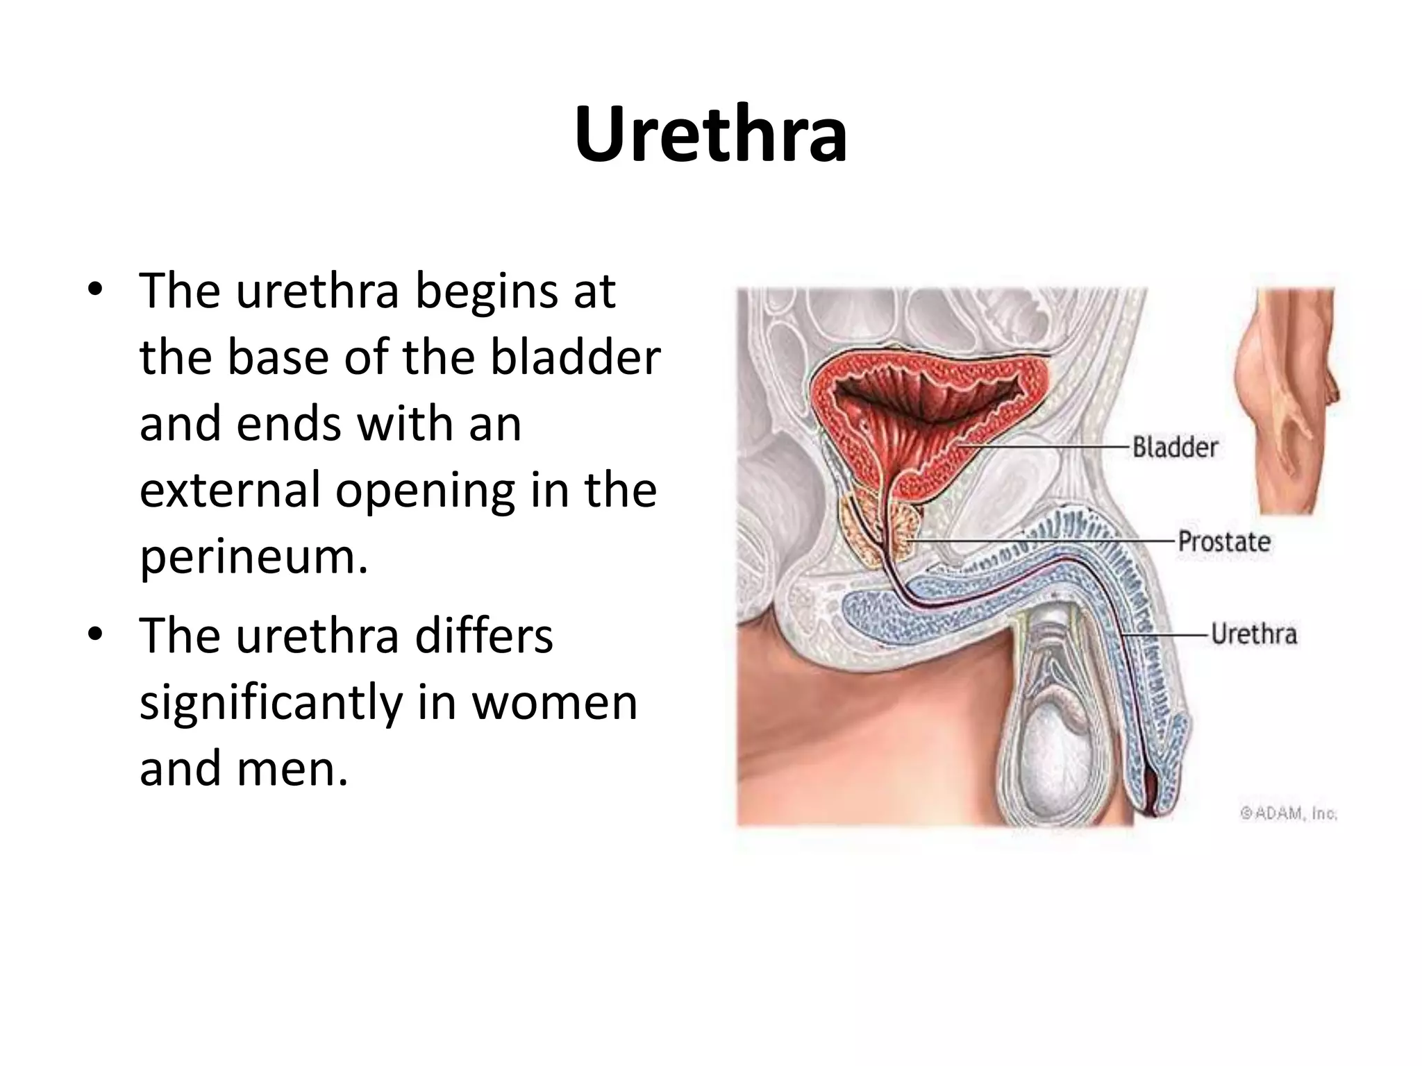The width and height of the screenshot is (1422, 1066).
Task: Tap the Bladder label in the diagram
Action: tap(1175, 448)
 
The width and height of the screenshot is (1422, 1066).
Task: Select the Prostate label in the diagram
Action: tap(1224, 541)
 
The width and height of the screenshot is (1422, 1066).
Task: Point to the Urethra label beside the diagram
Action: tap(1254, 634)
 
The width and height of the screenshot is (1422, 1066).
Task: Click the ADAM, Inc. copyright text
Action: tap(1289, 813)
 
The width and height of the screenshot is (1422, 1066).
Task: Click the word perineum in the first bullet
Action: tap(253, 556)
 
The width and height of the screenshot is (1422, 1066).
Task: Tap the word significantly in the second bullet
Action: tap(271, 702)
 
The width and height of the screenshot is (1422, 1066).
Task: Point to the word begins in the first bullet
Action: tap(487, 291)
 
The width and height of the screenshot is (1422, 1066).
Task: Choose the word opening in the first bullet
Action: tap(425, 491)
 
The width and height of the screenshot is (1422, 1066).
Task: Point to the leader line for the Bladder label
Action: tap(1042, 448)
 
